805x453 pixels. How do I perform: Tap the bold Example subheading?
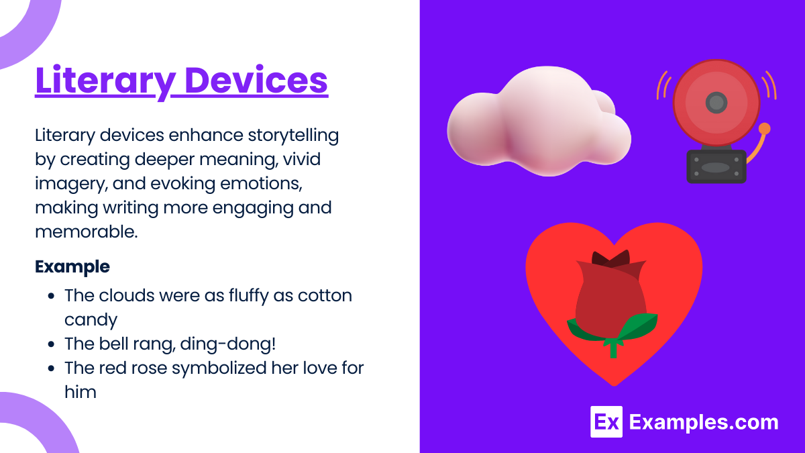pos(72,266)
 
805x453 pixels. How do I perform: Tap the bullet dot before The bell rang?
pos(51,344)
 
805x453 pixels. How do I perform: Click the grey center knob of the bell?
pos(716,103)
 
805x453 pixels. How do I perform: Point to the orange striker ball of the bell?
pos(764,129)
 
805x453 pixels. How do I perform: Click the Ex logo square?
pos(606,422)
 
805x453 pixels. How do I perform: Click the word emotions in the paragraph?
pos(260,184)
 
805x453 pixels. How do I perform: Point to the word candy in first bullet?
pos(91,319)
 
